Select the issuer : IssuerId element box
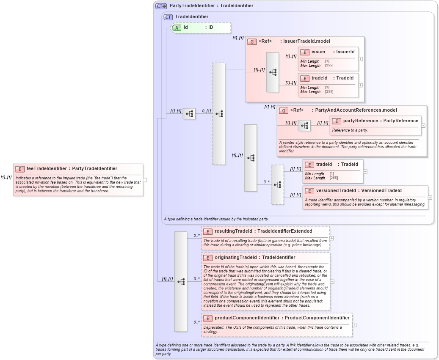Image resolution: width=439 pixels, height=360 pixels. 328,58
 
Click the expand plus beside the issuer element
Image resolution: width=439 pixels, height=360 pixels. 361,59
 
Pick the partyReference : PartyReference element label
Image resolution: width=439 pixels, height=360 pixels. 381,121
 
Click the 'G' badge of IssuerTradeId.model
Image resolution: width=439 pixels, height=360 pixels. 251,41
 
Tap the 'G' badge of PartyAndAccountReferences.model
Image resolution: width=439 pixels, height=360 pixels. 284,110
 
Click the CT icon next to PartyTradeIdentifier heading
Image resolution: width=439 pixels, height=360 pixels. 161,6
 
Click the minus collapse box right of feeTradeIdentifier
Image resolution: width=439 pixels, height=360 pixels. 145,180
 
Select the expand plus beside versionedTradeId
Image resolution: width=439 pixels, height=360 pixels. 430,197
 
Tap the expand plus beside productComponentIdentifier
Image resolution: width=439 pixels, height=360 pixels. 354,325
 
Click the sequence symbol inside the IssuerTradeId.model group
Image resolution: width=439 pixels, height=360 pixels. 273,72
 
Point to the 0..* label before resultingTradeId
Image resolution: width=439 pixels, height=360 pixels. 196,235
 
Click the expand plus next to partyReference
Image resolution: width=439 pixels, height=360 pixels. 423,126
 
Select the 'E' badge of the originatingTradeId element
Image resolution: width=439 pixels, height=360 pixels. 208,258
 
